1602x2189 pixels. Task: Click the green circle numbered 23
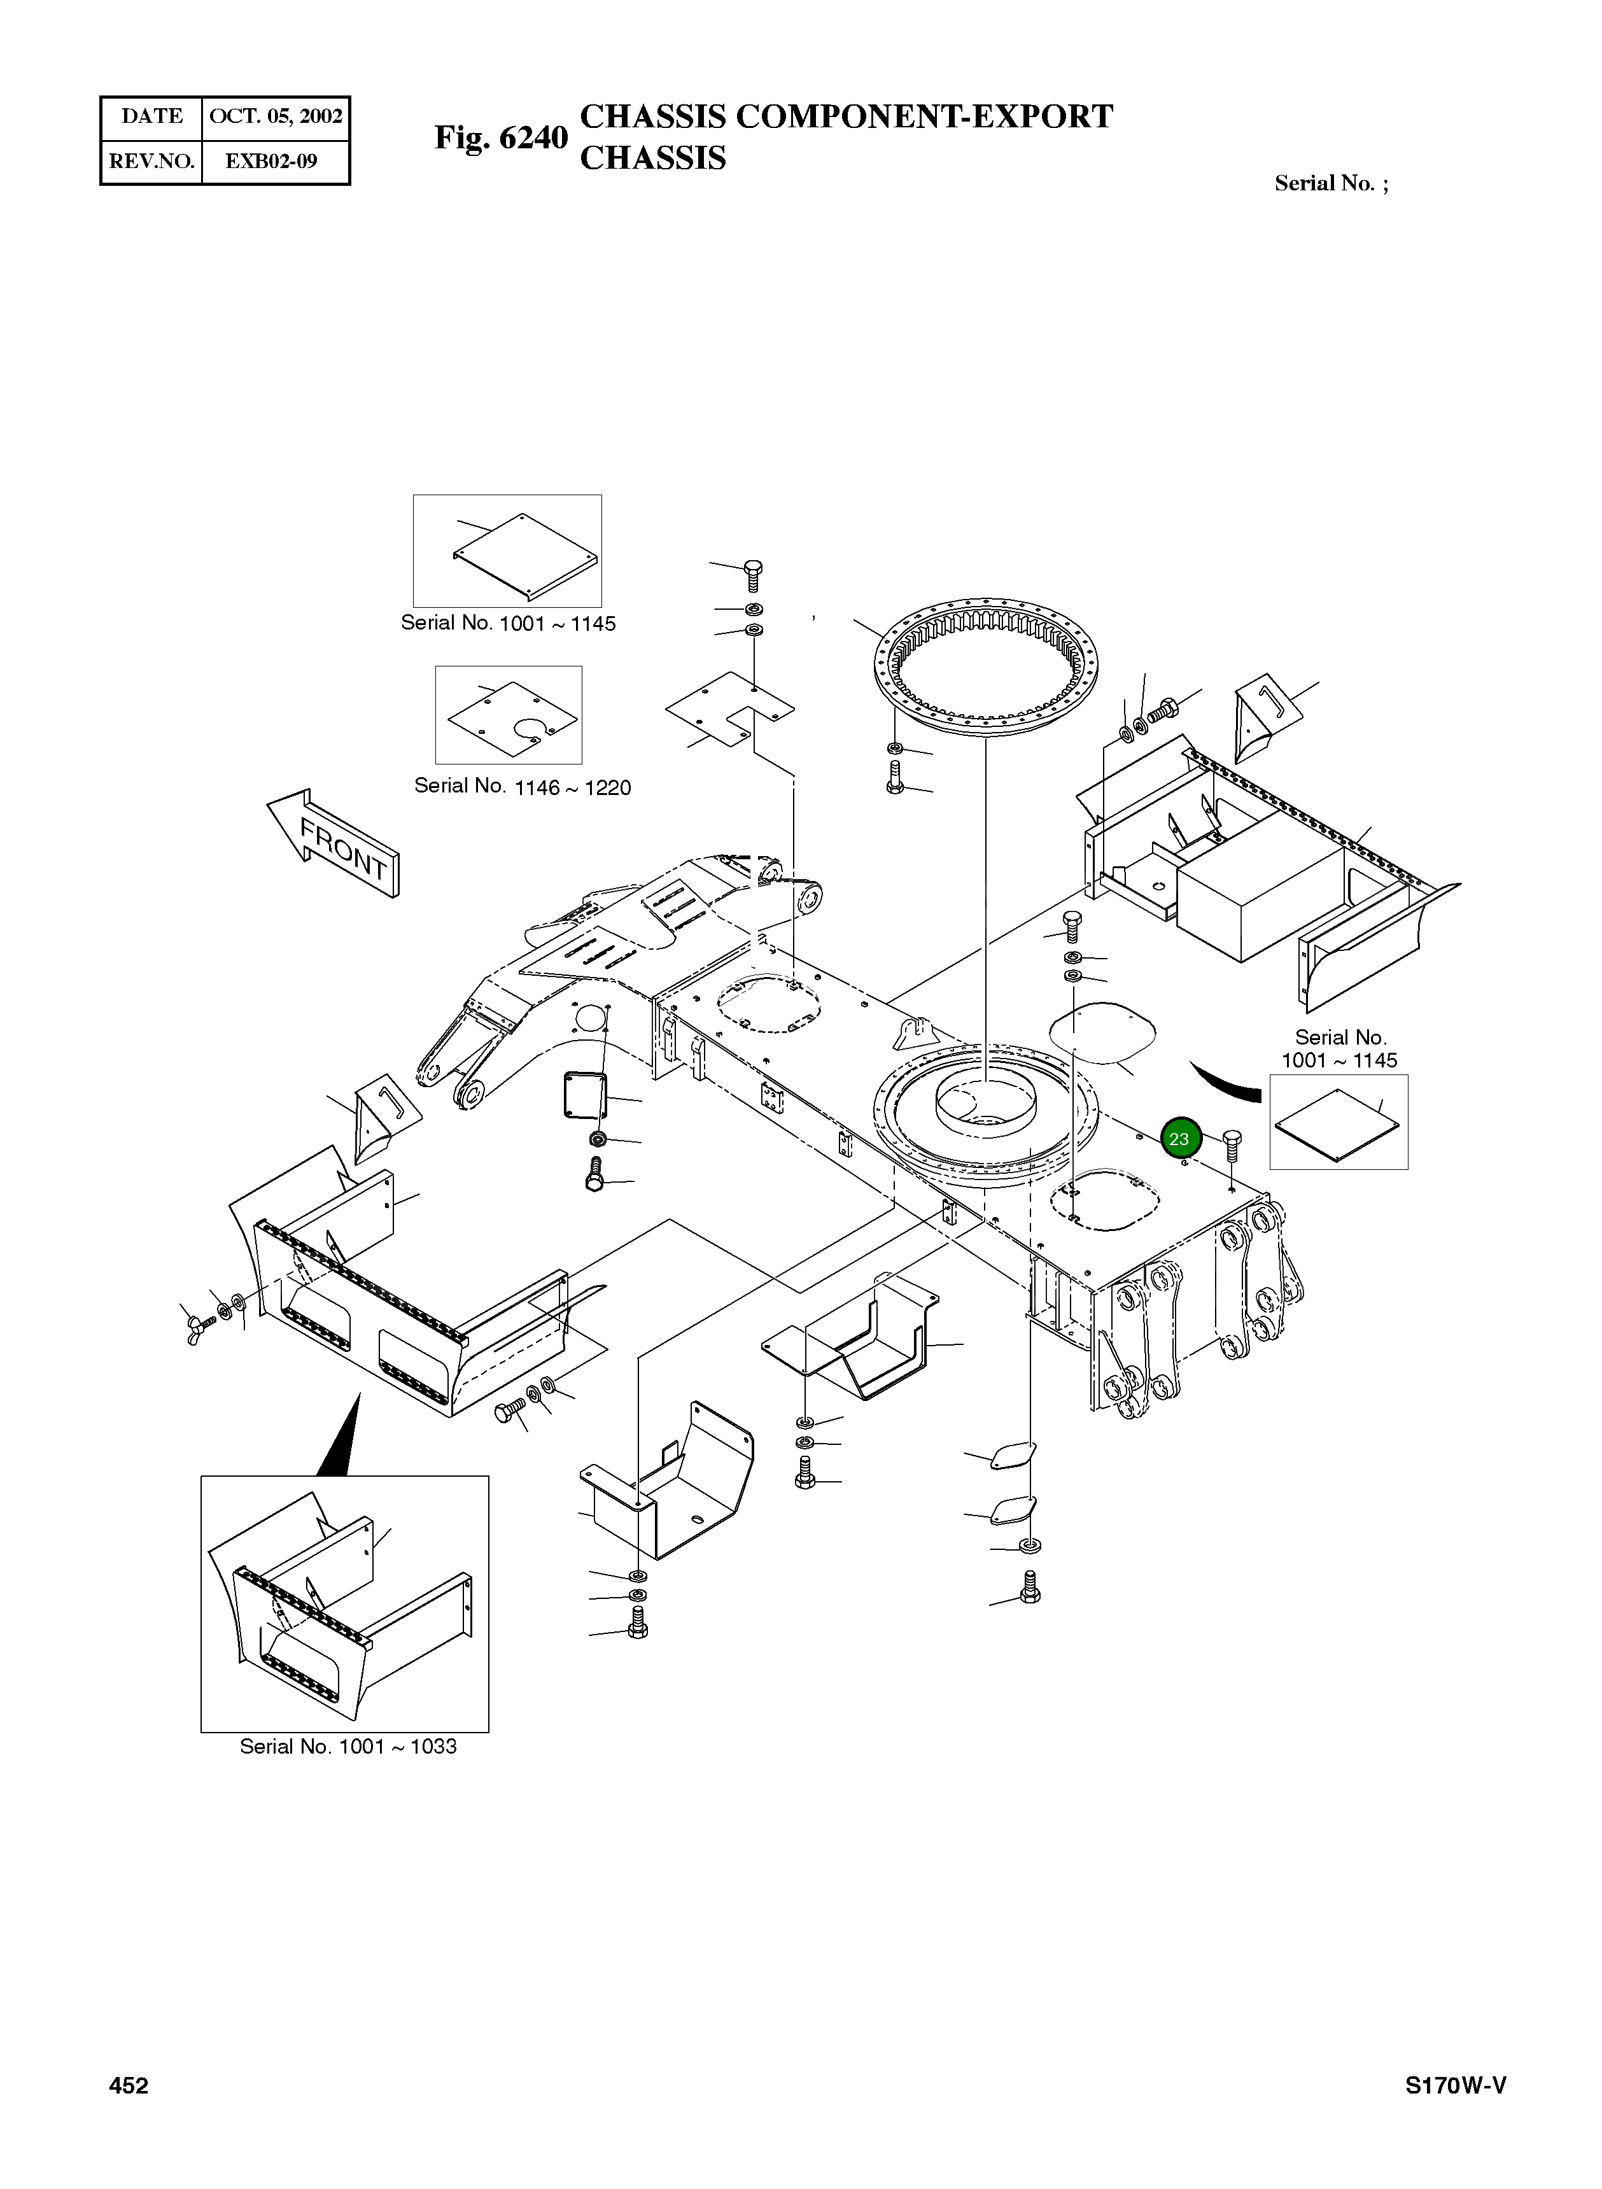pyautogui.click(x=1180, y=1139)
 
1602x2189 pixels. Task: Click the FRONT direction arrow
pyautogui.click(x=335, y=844)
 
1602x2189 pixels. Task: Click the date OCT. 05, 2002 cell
pyautogui.click(x=276, y=116)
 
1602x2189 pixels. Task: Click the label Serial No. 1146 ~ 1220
pyautogui.click(x=522, y=787)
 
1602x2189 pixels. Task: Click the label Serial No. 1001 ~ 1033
pyautogui.click(x=348, y=1746)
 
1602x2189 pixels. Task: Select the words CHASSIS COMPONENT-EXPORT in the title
pyautogui.click(x=846, y=116)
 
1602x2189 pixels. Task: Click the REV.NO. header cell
pyautogui.click(x=152, y=161)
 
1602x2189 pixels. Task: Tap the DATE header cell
pyautogui.click(x=152, y=116)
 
